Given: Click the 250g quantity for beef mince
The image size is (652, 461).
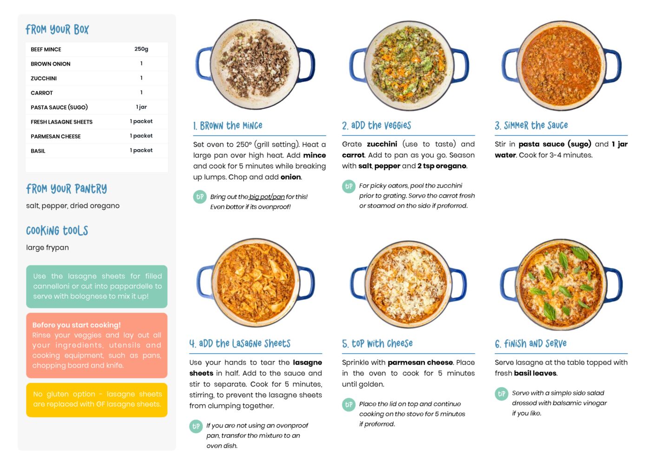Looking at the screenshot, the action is pos(141,49).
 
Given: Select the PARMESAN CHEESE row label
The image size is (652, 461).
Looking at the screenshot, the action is pos(56,136).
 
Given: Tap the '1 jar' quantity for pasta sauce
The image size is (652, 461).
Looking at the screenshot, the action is pos(141,107).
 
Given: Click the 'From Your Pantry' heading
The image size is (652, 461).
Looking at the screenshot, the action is pos(66,189).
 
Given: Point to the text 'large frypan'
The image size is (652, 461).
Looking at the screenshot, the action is pos(47,247).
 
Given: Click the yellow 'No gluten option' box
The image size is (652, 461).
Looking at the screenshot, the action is pos(97,400).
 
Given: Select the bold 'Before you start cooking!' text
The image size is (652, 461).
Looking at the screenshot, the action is pos(76,325).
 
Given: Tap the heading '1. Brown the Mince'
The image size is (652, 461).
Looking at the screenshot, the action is pos(228,125).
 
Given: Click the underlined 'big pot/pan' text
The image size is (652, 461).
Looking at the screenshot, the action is pos(267,197).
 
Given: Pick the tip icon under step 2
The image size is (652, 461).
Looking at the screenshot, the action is pos(349,186).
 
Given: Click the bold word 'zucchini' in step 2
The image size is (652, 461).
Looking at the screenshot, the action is pos(382,144).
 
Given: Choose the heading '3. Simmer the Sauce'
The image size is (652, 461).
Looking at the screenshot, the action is pos(531,125).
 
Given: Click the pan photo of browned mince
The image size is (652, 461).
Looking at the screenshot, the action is pos(255,65).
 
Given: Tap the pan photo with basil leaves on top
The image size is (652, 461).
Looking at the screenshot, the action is pos(561,284).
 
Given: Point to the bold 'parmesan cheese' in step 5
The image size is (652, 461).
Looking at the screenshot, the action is pos(420,362).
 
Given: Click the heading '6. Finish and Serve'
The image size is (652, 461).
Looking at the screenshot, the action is pos(531,344).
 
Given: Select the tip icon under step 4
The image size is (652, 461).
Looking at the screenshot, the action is pos(196,426).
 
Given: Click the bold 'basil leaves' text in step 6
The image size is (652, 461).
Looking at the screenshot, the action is pos(535,373).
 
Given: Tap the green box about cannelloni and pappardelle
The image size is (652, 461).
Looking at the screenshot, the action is pos(97,286).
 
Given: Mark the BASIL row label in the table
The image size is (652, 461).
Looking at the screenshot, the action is pos(38,151).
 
